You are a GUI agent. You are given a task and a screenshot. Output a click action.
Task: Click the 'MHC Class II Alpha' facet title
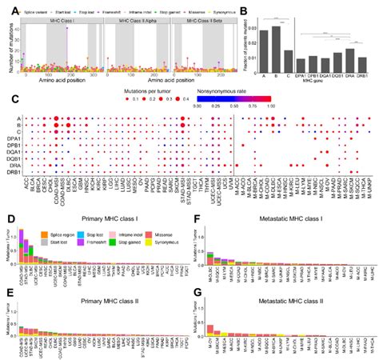(137, 19)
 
